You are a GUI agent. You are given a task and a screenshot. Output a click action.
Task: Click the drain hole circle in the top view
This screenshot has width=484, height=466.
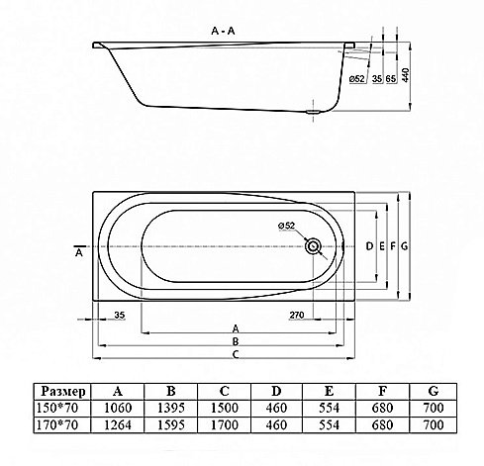pos(315,245)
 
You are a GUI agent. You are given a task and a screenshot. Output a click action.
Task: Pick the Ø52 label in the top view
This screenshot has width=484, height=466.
pos(286,227)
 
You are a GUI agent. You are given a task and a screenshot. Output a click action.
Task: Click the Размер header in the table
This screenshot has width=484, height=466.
pos(62,390)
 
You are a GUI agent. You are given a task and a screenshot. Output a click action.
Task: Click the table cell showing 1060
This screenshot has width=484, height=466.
pos(119,407)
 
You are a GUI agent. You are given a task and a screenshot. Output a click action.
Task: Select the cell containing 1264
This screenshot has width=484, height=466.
pos(119,424)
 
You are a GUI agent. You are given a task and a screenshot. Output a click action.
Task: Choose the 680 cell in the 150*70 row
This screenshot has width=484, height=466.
pos(381,407)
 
